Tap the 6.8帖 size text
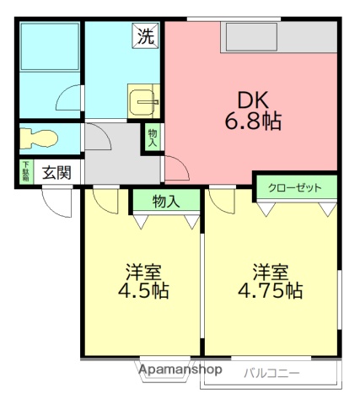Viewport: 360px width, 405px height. pyautogui.click(x=252, y=121)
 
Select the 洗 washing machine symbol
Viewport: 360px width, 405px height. pyautogui.click(x=146, y=36)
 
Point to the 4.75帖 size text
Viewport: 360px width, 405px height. pyautogui.click(x=270, y=291)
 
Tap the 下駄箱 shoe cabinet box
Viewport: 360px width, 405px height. pyautogui.click(x=26, y=171)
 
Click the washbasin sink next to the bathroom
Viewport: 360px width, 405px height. pyautogui.click(x=143, y=101)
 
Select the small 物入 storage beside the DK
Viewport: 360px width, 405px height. pyautogui.click(x=153, y=137)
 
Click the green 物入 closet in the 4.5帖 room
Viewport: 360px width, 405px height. pyautogui.click(x=165, y=202)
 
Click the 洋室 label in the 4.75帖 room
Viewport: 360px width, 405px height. pyautogui.click(x=271, y=272)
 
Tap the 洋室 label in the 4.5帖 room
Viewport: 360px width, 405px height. pyautogui.click(x=143, y=273)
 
